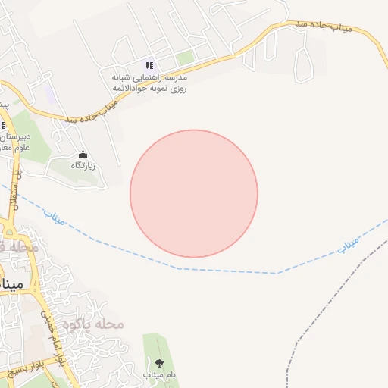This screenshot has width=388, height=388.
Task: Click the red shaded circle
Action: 194,193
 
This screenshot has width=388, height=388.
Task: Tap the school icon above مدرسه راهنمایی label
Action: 150,66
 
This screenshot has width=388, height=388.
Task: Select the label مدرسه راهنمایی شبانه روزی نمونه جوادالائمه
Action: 150,83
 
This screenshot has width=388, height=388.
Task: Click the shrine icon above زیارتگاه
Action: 83,153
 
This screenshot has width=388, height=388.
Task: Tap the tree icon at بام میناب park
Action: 158,363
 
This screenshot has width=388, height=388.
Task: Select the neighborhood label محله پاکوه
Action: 93,324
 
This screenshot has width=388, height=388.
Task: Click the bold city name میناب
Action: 13,284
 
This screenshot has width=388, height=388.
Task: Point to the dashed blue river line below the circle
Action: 227,271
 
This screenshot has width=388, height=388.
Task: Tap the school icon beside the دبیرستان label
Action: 2,126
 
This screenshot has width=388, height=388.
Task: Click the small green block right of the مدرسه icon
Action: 185,58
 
